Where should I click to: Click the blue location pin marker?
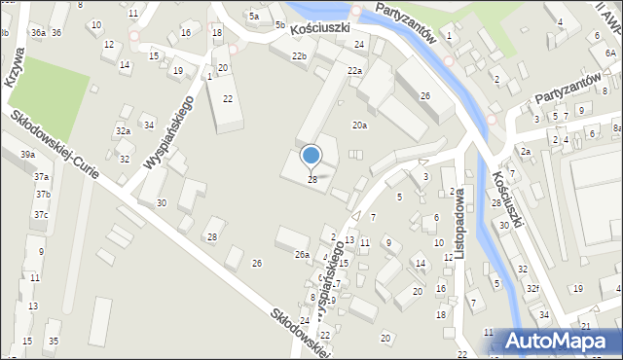point(311,156)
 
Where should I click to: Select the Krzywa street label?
point(15,72)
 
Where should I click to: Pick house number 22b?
point(299,56)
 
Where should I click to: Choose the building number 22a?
point(355,70)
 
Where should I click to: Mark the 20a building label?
point(360,125)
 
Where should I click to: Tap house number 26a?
point(303,255)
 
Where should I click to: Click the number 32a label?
point(123,131)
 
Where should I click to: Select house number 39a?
point(28,155)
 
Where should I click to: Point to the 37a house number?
point(42,177)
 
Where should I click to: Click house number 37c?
point(41,215)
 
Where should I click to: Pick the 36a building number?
point(38,32)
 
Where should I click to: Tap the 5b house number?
point(279,24)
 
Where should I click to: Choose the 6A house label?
point(609,28)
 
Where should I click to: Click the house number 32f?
point(532,289)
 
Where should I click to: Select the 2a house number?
point(525,152)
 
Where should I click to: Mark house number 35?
point(54,341)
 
